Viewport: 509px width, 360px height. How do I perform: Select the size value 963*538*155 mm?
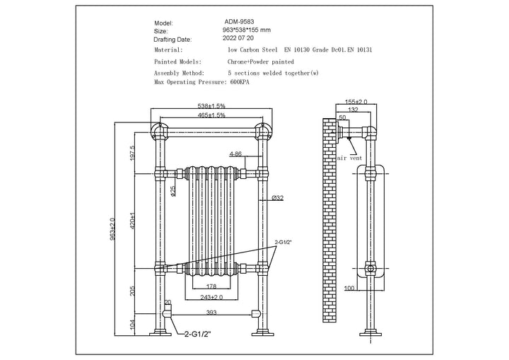point(247,31)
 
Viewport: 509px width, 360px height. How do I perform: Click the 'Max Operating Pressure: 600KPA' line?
point(201,82)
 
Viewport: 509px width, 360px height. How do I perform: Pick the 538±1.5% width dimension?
point(211,106)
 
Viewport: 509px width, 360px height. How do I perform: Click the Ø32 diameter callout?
point(277,199)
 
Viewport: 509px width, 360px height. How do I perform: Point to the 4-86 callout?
point(235,153)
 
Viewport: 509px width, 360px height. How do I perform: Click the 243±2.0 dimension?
point(211,297)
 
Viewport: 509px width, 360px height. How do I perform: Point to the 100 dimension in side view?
point(349,288)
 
